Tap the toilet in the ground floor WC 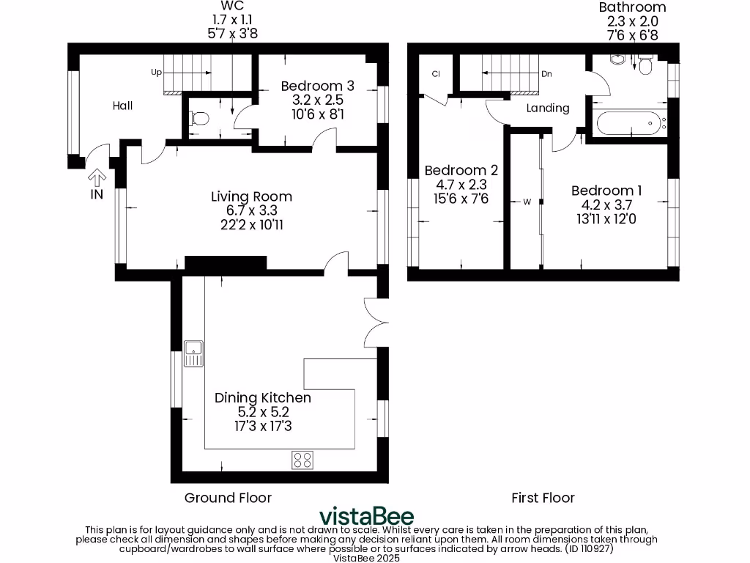(198, 118)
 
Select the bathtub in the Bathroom (630, 123)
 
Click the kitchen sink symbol (194, 353)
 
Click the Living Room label (251, 196)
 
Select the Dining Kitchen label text (262, 398)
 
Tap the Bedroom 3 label (311, 86)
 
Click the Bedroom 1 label (602, 191)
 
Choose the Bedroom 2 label (461, 171)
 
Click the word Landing (548, 108)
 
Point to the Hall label (122, 106)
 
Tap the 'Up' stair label (156, 73)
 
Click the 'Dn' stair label (546, 73)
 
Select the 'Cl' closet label (435, 73)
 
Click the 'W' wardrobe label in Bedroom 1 (526, 202)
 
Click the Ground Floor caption (228, 498)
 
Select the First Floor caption (543, 498)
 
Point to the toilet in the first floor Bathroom (645, 66)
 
